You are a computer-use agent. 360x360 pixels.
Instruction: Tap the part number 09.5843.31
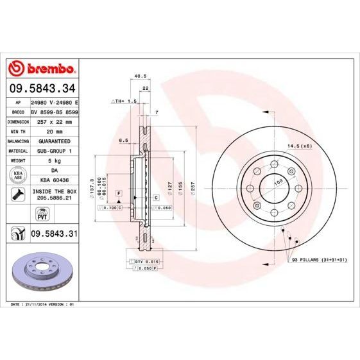tap(54, 234)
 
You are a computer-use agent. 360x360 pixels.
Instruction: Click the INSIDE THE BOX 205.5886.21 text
tap(53, 195)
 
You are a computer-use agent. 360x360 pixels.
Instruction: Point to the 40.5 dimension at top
tap(137, 76)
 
